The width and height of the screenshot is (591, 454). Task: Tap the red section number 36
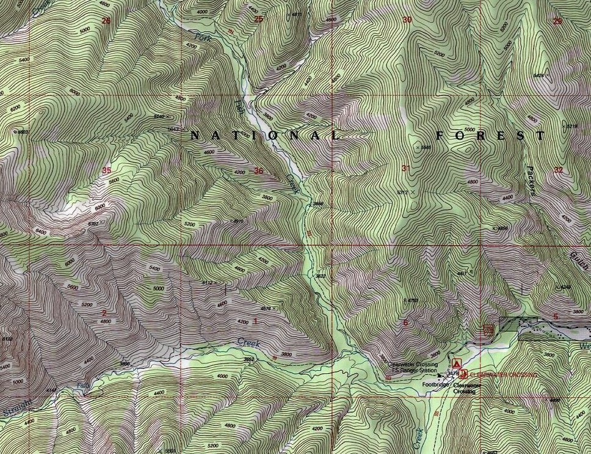click(258, 171)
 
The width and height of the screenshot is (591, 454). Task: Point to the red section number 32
click(558, 170)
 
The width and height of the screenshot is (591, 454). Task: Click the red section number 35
click(107, 170)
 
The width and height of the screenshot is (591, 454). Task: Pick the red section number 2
click(104, 313)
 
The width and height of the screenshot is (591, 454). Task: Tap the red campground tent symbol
click(457, 363)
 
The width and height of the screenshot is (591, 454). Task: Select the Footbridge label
click(436, 385)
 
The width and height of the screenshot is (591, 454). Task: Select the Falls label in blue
click(82, 386)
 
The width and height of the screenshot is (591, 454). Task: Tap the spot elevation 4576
click(266, 309)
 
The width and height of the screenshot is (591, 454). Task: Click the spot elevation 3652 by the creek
click(249, 359)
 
